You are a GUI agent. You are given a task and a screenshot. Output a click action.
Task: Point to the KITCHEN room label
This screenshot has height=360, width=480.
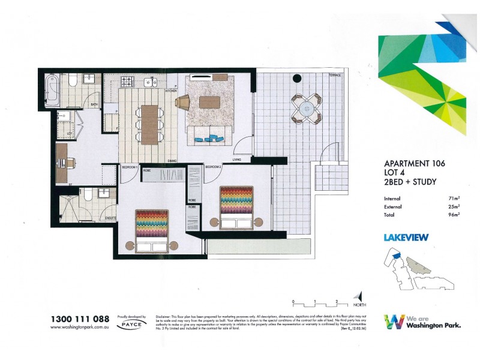170,91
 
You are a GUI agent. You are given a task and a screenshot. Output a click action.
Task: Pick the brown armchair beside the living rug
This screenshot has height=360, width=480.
182,103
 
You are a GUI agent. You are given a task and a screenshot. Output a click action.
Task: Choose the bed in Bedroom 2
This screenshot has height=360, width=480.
237,208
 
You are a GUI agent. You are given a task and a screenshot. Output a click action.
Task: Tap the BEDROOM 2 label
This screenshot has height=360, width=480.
214,167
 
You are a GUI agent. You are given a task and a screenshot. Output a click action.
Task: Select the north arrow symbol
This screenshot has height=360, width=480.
359,297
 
